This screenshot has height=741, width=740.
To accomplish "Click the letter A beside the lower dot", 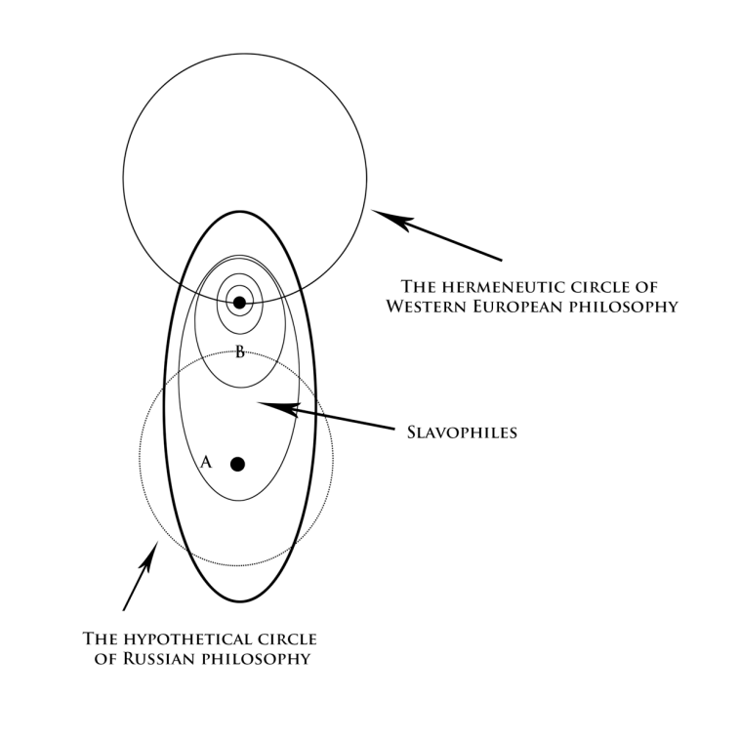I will pyautogui.click(x=206, y=463).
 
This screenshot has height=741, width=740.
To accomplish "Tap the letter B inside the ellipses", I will pyautogui.click(x=239, y=352).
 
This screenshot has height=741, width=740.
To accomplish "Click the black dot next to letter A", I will pyautogui.click(x=237, y=464).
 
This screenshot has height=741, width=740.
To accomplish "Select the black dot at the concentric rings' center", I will pyautogui.click(x=239, y=303).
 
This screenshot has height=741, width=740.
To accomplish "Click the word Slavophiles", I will pyautogui.click(x=461, y=431).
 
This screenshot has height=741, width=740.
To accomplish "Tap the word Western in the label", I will pyautogui.click(x=422, y=306).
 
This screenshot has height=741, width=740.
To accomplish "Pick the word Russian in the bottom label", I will pyautogui.click(x=157, y=659).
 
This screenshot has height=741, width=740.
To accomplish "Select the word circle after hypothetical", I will pyautogui.click(x=284, y=639).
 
